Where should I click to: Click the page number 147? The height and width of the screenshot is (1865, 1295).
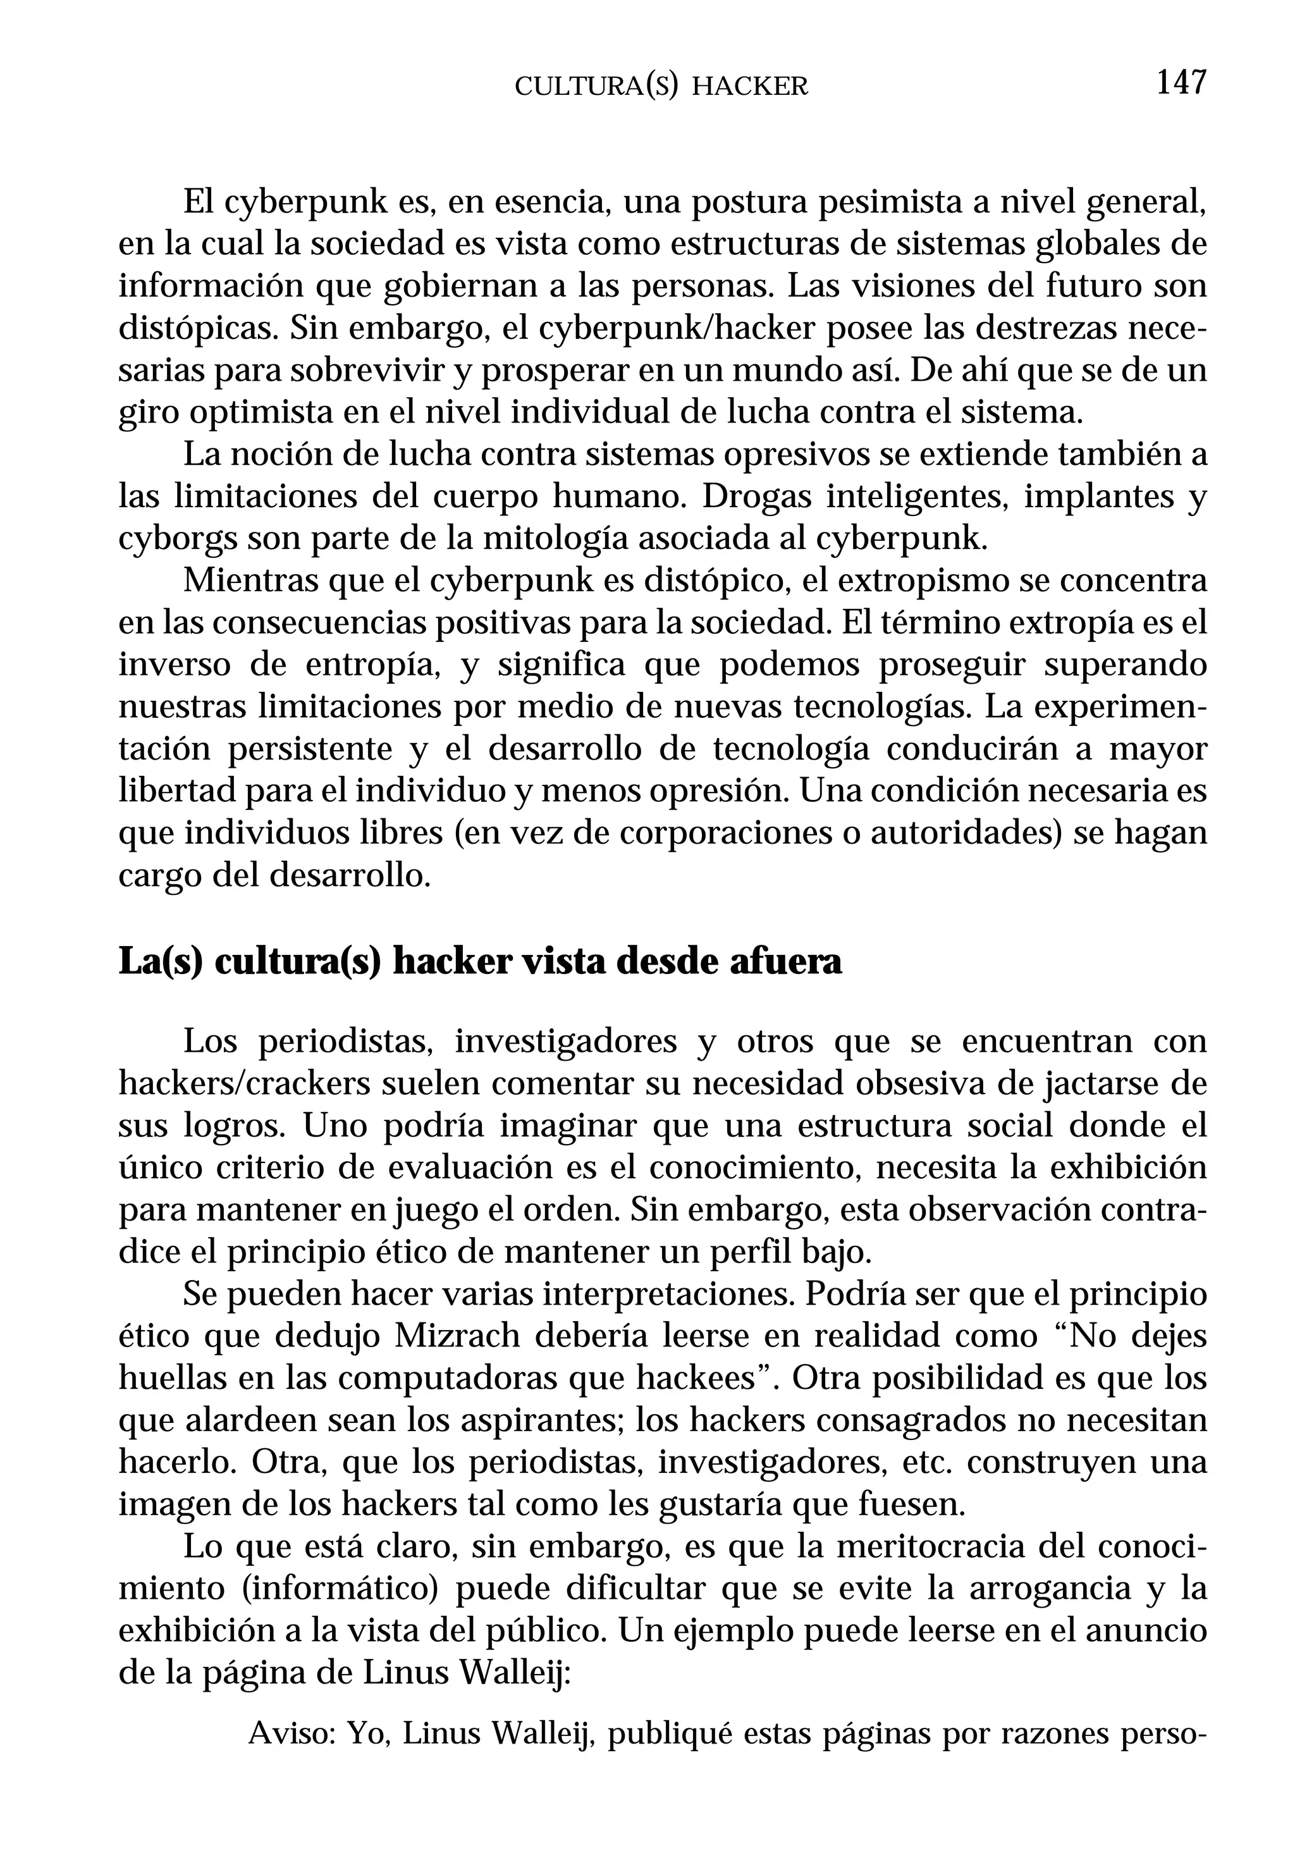pyautogui.click(x=1181, y=83)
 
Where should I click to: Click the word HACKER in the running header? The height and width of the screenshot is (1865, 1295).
pyautogui.click(x=750, y=87)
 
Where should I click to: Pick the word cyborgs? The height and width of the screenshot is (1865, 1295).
pyautogui.click(x=178, y=539)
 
